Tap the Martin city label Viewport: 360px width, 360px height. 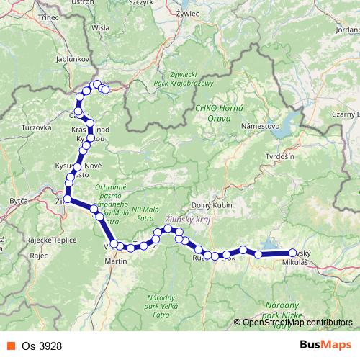[x=116, y=261]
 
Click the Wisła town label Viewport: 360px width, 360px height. [x=101, y=27]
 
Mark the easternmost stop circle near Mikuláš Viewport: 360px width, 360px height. [x=292, y=253]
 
